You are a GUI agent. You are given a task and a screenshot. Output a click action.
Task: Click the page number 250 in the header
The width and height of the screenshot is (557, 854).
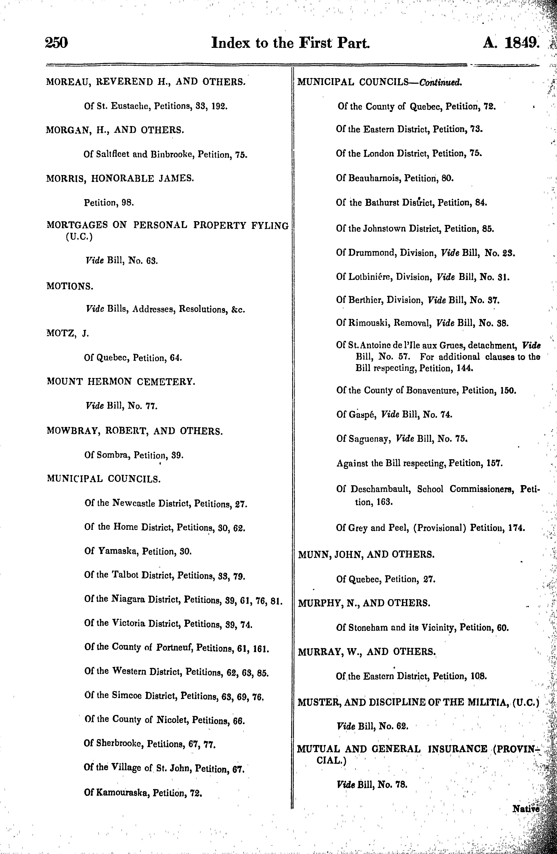coord(56,43)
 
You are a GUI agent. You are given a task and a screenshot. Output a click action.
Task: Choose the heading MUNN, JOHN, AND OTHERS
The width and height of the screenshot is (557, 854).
coord(366,555)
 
